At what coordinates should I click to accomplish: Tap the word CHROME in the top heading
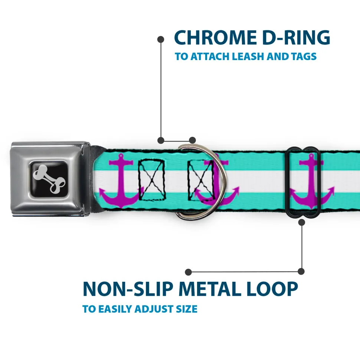pyautogui.click(x=213, y=37)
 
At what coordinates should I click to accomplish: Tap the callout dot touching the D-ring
pyautogui.click(x=192, y=140)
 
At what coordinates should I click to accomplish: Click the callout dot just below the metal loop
pyautogui.click(x=301, y=222)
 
